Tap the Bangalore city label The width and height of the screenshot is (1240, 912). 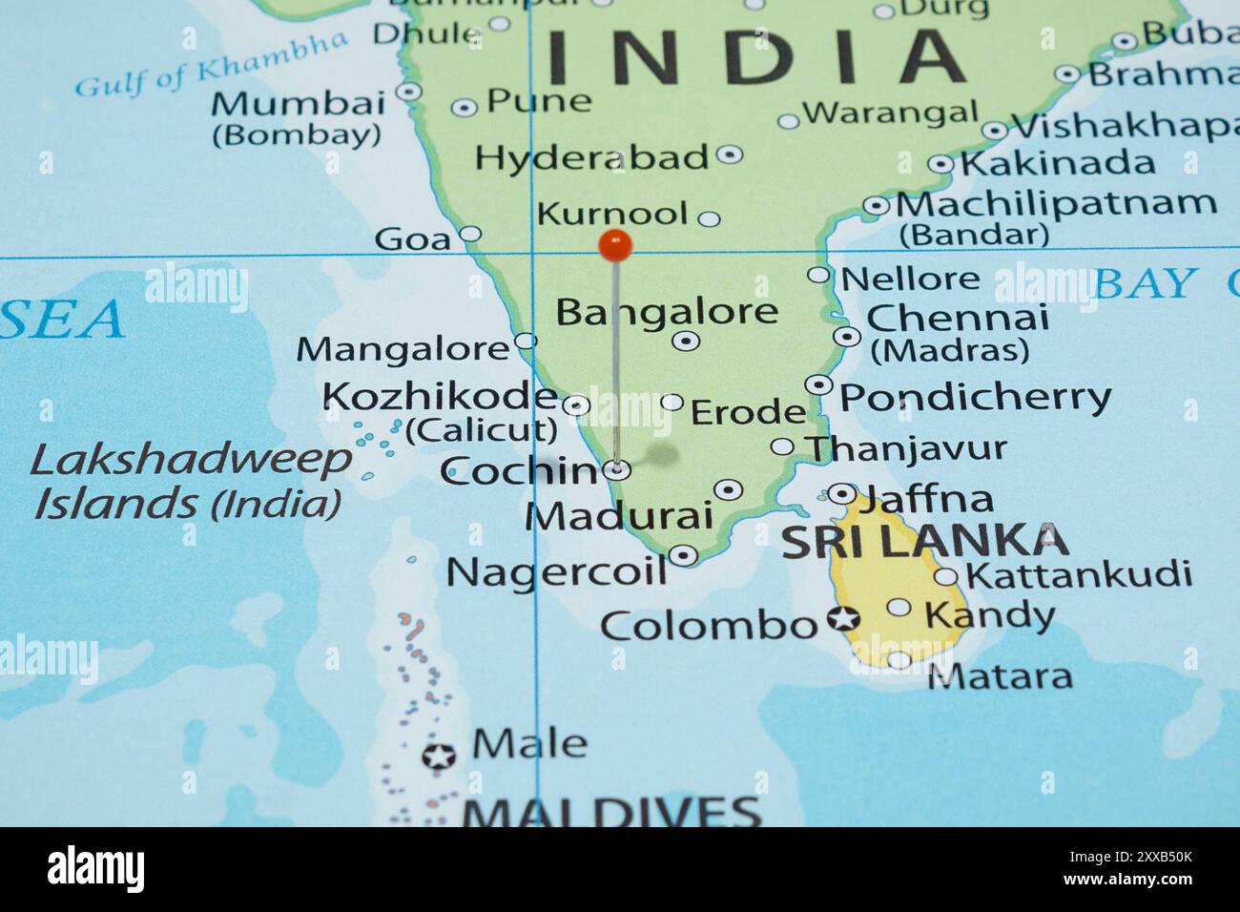(x=667, y=311)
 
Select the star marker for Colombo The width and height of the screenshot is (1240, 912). (x=842, y=619)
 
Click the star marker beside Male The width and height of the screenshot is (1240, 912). (x=439, y=757)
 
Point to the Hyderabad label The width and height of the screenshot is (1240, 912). (x=591, y=157)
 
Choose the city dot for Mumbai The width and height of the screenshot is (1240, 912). (x=409, y=92)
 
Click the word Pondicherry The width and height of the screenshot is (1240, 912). (x=975, y=396)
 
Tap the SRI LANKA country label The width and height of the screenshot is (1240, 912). (x=924, y=541)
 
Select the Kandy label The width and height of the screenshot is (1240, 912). (x=990, y=615)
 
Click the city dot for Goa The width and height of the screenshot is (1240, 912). (x=470, y=234)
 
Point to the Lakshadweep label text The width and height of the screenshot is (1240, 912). (x=191, y=461)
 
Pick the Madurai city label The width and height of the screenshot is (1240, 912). (x=619, y=516)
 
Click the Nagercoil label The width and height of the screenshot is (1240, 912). (x=556, y=571)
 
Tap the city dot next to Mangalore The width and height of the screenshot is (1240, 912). (x=526, y=341)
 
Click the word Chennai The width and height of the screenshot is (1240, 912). (x=957, y=317)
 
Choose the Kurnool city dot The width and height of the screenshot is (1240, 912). (x=709, y=218)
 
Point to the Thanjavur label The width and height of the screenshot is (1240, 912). (x=905, y=447)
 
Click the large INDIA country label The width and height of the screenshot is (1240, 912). (x=755, y=55)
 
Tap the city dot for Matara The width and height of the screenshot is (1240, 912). (x=899, y=659)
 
